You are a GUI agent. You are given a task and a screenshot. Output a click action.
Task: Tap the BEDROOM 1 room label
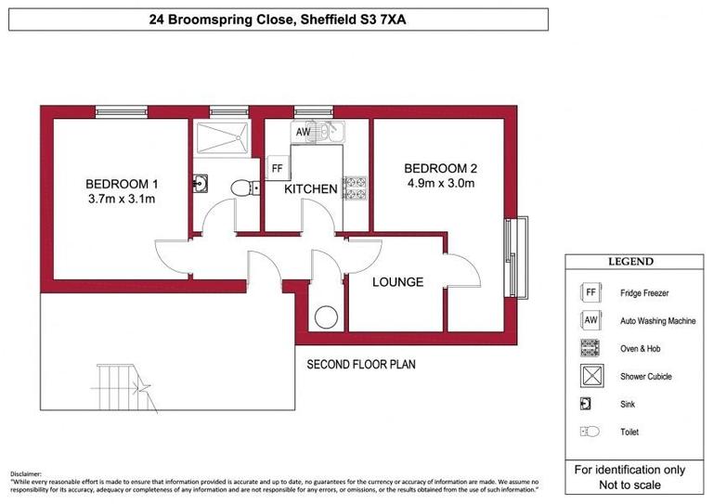122,183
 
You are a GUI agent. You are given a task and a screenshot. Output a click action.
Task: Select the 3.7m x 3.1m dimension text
122,199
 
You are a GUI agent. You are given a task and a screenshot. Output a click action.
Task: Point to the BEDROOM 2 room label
440,168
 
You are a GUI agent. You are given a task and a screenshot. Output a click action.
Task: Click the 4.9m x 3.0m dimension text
440,184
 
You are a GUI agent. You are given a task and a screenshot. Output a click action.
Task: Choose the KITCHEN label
310,189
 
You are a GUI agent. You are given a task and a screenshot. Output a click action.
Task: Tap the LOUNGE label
397,282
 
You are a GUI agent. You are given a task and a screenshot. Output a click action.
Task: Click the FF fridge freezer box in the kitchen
276,168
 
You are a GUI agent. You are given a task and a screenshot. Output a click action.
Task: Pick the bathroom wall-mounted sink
200,184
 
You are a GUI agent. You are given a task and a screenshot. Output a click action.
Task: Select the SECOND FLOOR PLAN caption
361,365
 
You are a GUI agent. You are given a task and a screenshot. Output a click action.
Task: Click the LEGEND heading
630,262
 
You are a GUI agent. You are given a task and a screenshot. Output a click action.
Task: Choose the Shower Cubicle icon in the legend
590,377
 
